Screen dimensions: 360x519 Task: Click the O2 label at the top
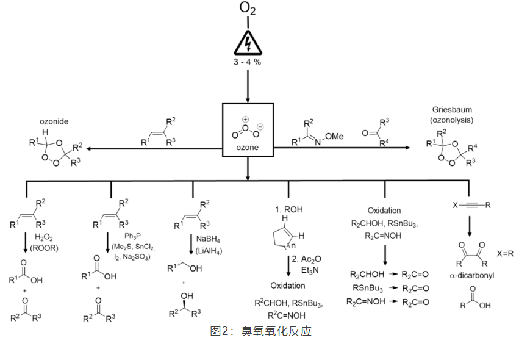(x=248, y=9)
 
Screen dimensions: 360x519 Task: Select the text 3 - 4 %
(x=248, y=63)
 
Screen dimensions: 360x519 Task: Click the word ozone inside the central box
(x=248, y=149)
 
